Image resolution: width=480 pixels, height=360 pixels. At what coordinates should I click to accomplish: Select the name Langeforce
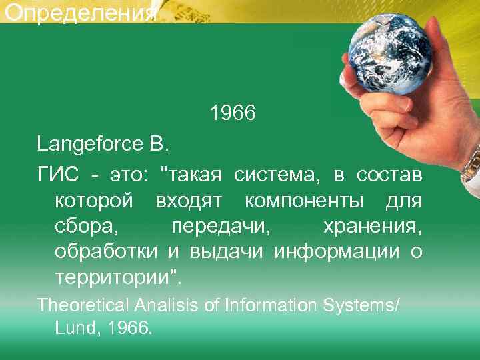[x=81, y=143]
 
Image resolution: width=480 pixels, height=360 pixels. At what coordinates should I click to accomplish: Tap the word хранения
[x=372, y=226]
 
